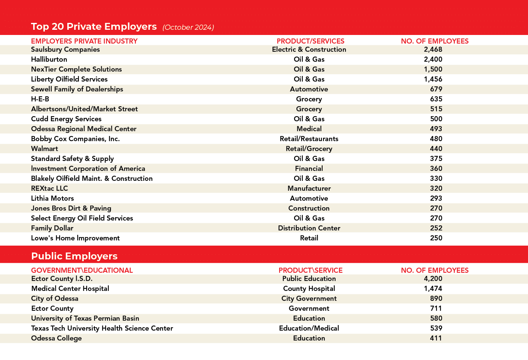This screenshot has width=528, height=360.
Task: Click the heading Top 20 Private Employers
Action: pos(94,27)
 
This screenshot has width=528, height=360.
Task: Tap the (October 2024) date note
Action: pos(188,27)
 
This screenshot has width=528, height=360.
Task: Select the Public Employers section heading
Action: pos(74,256)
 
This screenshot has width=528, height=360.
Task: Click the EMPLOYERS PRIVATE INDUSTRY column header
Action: pos(84,41)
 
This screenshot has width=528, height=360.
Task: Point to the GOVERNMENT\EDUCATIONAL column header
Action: pos(82,270)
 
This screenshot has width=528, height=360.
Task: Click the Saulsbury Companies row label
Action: pos(65,50)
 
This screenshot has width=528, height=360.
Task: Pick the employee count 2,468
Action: pos(433,50)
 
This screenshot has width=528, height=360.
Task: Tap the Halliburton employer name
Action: pos(49,59)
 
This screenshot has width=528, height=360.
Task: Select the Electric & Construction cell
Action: pos(309,50)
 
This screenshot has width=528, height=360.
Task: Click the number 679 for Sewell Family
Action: pos(436,89)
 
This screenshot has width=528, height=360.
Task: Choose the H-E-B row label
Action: pos(40,99)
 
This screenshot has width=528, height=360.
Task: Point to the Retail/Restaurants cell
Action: pos(309,139)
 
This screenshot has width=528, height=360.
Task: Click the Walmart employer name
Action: pos(44,148)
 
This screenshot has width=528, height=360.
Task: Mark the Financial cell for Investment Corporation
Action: pos(309,168)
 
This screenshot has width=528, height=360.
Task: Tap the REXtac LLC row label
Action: pos(50,188)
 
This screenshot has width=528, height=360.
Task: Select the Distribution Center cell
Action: pos(309,228)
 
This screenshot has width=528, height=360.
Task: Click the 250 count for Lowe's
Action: pos(436,238)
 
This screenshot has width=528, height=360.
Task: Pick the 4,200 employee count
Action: pos(433,278)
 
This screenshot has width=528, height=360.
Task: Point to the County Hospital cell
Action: pos(309,288)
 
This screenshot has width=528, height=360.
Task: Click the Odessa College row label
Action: pos(57,338)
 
